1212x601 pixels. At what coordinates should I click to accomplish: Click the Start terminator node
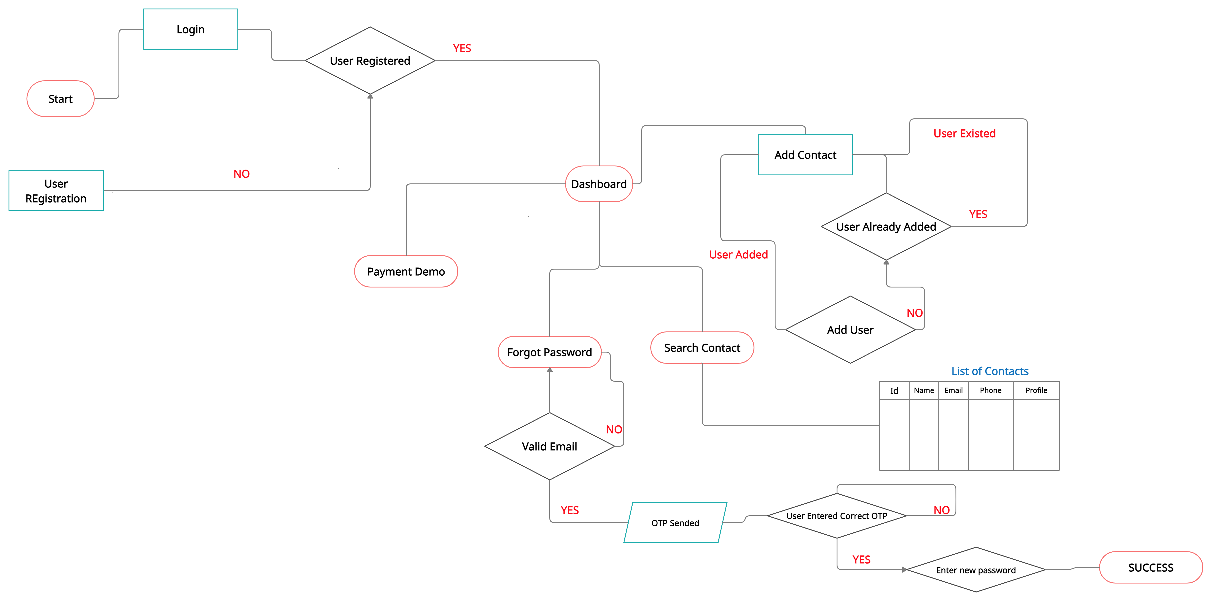point(60,99)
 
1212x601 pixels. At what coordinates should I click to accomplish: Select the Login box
point(191,29)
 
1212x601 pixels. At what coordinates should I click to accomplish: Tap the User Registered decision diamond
point(370,61)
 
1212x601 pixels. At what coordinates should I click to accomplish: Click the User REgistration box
point(56,190)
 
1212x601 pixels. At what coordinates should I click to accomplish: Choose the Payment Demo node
point(405,271)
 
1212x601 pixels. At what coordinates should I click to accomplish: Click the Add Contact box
point(805,155)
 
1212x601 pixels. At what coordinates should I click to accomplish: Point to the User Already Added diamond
point(886,227)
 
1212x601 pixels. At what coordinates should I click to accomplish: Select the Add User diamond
point(850,330)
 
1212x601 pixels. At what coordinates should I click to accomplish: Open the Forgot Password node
point(549,352)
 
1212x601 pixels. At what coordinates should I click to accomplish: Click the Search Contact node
point(702,348)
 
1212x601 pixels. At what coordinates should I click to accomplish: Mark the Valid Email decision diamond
point(549,446)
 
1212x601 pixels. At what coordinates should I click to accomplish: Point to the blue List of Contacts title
point(990,371)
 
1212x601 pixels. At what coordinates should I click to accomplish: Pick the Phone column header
point(990,390)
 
